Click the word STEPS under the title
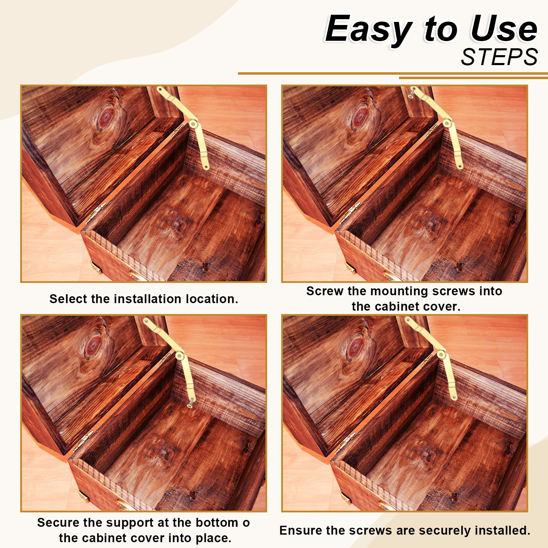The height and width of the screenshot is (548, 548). [499, 57]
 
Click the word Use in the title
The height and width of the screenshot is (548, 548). [503, 29]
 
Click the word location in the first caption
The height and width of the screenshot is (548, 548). [211, 299]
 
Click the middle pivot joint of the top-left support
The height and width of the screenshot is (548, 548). [194, 123]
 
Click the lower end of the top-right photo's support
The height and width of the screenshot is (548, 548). [460, 166]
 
